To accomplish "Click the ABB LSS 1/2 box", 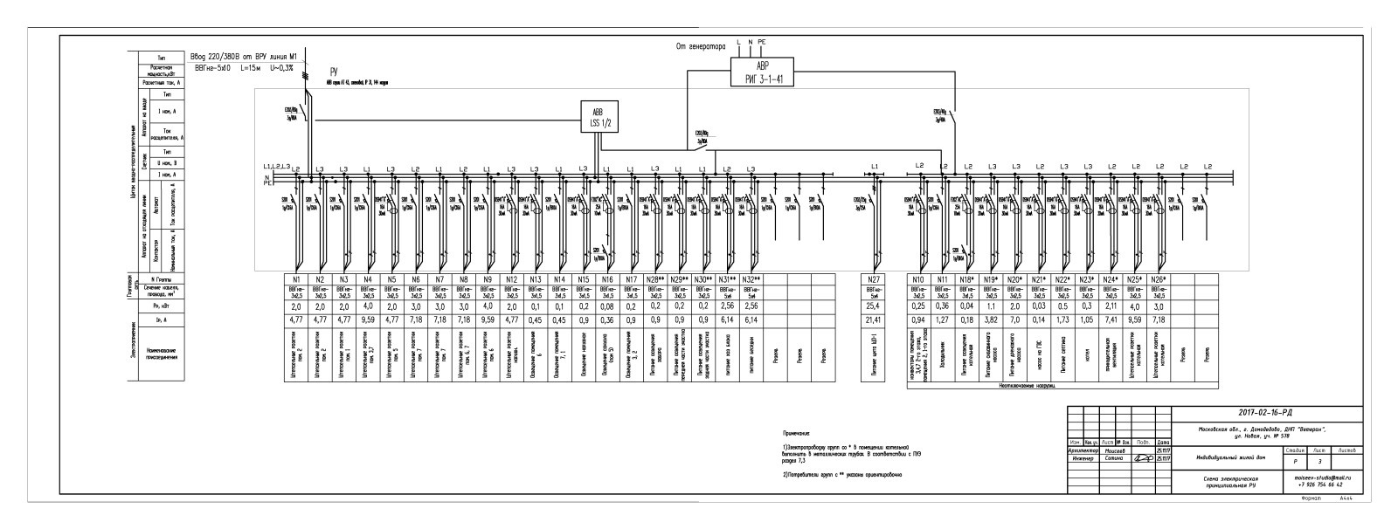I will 599,117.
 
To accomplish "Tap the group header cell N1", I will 296,278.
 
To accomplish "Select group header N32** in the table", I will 751,278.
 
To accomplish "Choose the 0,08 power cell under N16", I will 607,306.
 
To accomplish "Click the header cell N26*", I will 1159,278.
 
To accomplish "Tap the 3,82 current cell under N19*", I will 992,320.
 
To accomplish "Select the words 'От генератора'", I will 701,46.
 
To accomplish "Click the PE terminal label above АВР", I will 762,41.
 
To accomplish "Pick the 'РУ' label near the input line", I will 334,72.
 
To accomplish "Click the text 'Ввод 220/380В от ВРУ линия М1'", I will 246,57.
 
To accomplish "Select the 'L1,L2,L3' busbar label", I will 274,166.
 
